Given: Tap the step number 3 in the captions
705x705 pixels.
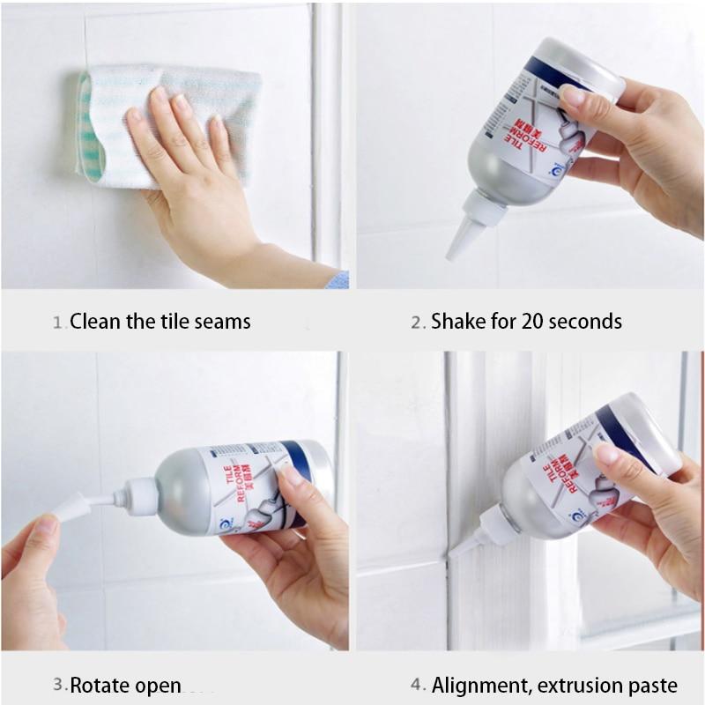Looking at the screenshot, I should tap(57, 685).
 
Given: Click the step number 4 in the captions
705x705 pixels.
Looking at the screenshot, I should tap(417, 685).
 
